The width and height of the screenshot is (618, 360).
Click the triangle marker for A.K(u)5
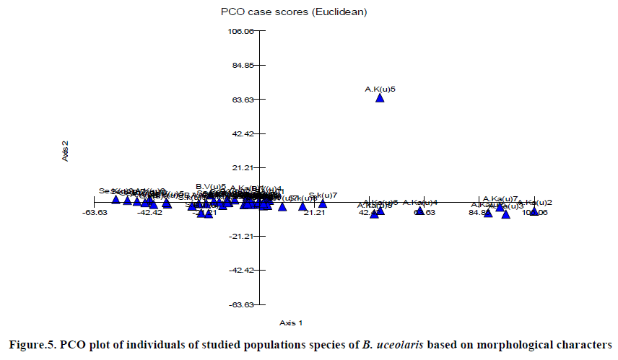(380, 97)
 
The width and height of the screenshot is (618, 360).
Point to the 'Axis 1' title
(291, 322)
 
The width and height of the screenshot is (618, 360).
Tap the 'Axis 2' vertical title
(66, 150)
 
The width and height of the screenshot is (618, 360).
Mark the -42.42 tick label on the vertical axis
(239, 270)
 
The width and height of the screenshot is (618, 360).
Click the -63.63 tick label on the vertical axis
(239, 304)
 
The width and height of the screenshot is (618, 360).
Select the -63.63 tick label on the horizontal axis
(95, 212)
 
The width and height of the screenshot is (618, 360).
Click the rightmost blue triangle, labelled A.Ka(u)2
(534, 211)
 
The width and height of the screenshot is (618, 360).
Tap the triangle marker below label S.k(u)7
(323, 203)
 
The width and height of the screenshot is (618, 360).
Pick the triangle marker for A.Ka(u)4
(420, 211)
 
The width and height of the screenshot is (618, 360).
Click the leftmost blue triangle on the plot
(116, 199)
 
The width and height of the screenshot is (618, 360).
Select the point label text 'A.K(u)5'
(380, 89)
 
